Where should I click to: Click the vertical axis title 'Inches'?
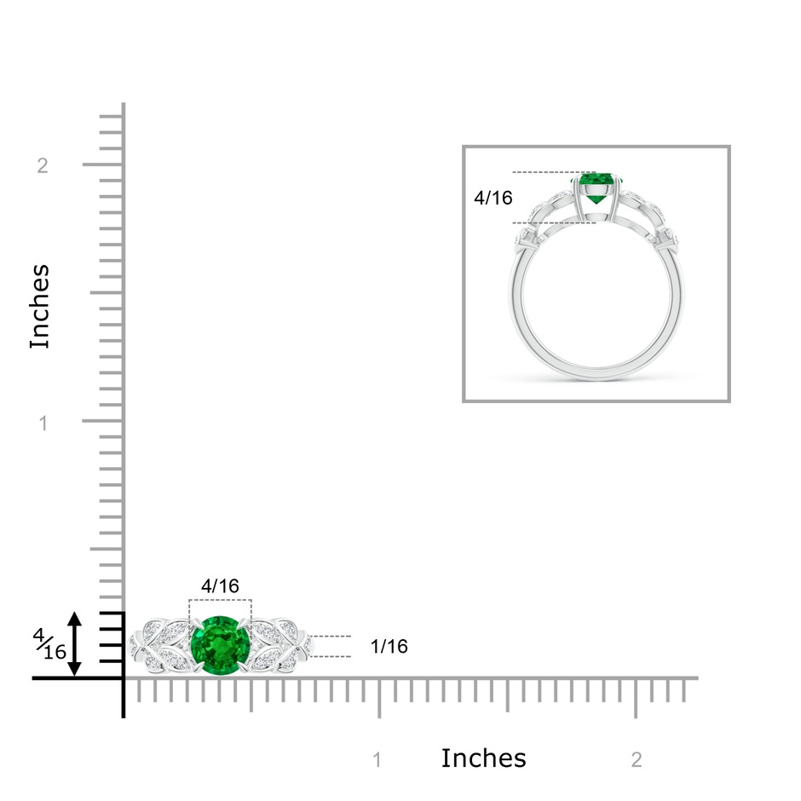tap(40, 307)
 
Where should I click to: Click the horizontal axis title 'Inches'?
tap(483, 758)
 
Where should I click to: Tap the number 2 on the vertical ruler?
tap(43, 165)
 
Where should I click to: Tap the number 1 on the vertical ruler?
tap(43, 423)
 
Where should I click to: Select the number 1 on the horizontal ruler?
tap(377, 760)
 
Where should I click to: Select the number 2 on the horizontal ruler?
tap(637, 760)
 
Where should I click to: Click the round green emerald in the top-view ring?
tap(220, 646)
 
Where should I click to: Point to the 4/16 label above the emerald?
tap(220, 586)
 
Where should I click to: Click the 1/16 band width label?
tap(389, 647)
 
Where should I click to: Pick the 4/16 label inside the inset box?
tap(493, 198)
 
